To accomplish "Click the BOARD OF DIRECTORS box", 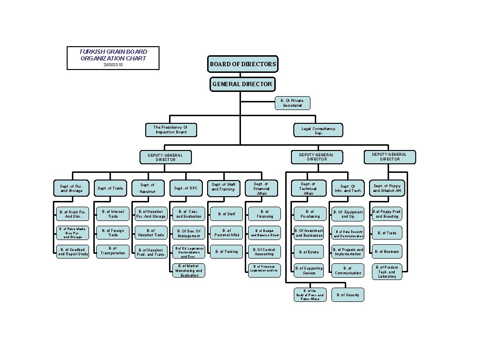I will point(242,64).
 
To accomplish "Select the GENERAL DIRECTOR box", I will point(242,84).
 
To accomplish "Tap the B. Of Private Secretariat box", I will point(292,103).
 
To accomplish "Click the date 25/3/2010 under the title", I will point(113,64).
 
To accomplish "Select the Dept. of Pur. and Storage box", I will point(71,188).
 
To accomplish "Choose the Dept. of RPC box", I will point(186,188).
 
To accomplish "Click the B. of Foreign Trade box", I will point(113,233).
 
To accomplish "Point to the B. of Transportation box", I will point(113,251).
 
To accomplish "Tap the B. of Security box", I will point(348,295).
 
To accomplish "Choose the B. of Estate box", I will point(309,251).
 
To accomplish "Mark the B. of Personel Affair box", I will point(226,233).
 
